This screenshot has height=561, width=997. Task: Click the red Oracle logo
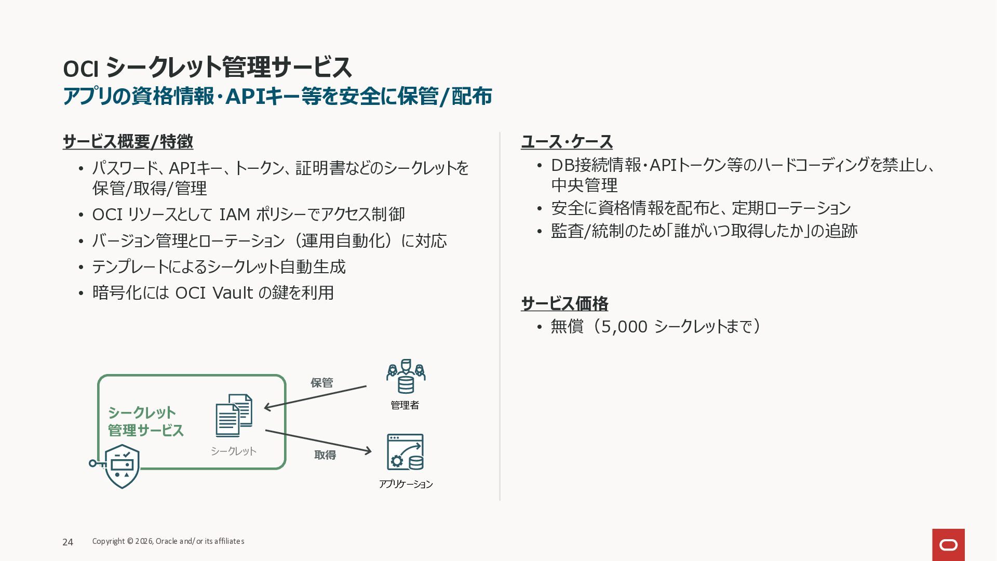(x=948, y=545)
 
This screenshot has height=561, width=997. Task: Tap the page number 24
(x=68, y=542)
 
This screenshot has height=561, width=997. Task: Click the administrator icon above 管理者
(x=406, y=376)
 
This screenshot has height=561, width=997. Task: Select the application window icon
(x=405, y=452)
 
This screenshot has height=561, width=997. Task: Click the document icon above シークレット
(x=234, y=416)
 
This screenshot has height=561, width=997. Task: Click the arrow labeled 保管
(x=316, y=397)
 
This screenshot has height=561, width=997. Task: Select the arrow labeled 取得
(x=318, y=442)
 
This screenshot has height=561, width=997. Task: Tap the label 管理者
(x=405, y=405)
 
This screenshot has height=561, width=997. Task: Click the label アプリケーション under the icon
(x=406, y=484)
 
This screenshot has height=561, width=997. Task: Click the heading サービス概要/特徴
(x=128, y=141)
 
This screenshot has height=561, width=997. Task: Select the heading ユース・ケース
(x=567, y=141)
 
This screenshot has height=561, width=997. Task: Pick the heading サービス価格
(x=564, y=303)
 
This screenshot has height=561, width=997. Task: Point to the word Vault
(x=233, y=293)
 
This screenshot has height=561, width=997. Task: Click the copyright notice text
(x=168, y=541)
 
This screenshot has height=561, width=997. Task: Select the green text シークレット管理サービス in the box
(x=146, y=421)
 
